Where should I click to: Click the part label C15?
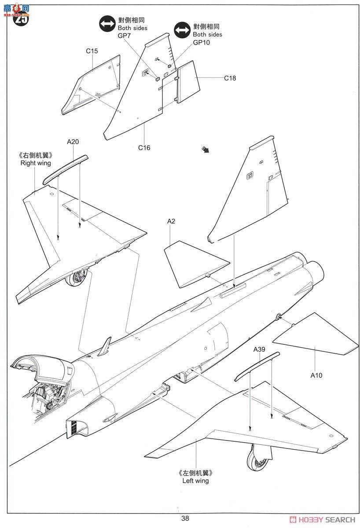click(92, 51)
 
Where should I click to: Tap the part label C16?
click(144, 148)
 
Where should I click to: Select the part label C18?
click(230, 78)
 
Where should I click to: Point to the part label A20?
click(73, 142)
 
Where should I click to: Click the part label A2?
click(171, 221)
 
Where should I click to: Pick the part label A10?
click(316, 375)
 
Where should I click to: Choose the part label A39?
click(259, 349)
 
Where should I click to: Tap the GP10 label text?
click(201, 42)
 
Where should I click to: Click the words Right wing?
click(35, 163)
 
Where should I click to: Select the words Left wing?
click(195, 481)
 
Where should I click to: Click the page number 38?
click(185, 518)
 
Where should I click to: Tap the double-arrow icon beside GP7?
click(107, 24)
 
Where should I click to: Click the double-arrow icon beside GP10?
click(182, 30)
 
